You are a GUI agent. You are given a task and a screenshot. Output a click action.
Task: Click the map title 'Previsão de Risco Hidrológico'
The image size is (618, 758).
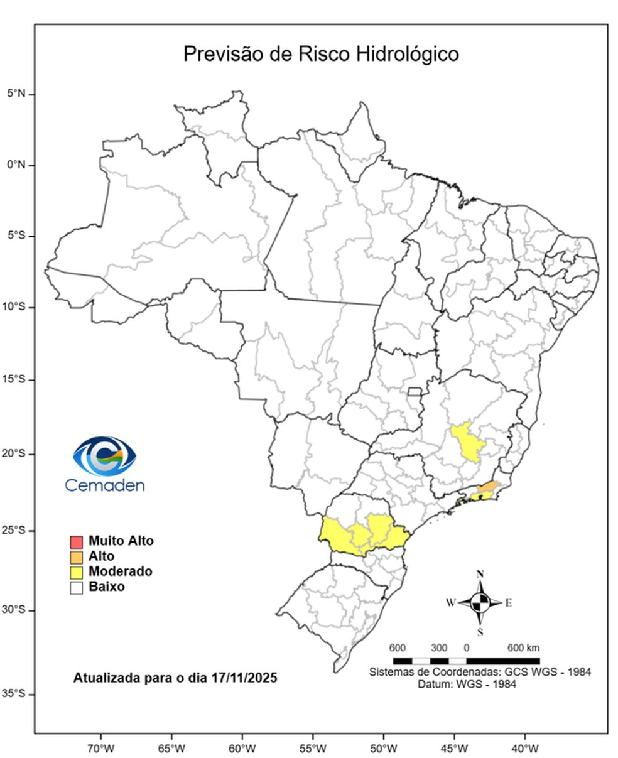pyautogui.click(x=320, y=53)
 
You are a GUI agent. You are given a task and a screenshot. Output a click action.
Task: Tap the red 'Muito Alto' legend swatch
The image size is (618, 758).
pyautogui.click(x=77, y=541)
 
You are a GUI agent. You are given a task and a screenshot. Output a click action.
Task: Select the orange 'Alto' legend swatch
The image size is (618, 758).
pyautogui.click(x=77, y=557)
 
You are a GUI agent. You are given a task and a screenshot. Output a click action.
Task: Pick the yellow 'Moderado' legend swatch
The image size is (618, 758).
pyautogui.click(x=77, y=572)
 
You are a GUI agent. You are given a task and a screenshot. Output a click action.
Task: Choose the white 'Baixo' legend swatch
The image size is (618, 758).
pyautogui.click(x=77, y=588)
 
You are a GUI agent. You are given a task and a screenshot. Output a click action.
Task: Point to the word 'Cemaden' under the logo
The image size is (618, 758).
pyautogui.click(x=105, y=485)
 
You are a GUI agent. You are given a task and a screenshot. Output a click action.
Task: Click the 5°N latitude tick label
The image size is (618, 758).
pyautogui.click(x=16, y=94)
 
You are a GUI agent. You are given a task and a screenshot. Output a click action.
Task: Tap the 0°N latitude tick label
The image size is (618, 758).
pyautogui.click(x=16, y=165)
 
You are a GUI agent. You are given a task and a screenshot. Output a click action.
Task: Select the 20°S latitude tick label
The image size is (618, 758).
pyautogui.click(x=14, y=454)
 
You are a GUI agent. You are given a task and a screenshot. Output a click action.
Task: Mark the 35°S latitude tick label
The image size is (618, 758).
pyautogui.click(x=14, y=694)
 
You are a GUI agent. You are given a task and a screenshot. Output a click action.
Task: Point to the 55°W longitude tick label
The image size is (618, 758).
pyautogui.click(x=312, y=749)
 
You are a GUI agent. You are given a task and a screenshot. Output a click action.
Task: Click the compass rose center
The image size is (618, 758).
pyautogui.click(x=480, y=603)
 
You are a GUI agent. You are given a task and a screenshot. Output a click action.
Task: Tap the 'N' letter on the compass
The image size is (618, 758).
pyautogui.click(x=480, y=574)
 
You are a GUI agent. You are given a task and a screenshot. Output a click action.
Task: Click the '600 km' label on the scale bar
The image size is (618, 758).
pyautogui.click(x=523, y=648)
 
